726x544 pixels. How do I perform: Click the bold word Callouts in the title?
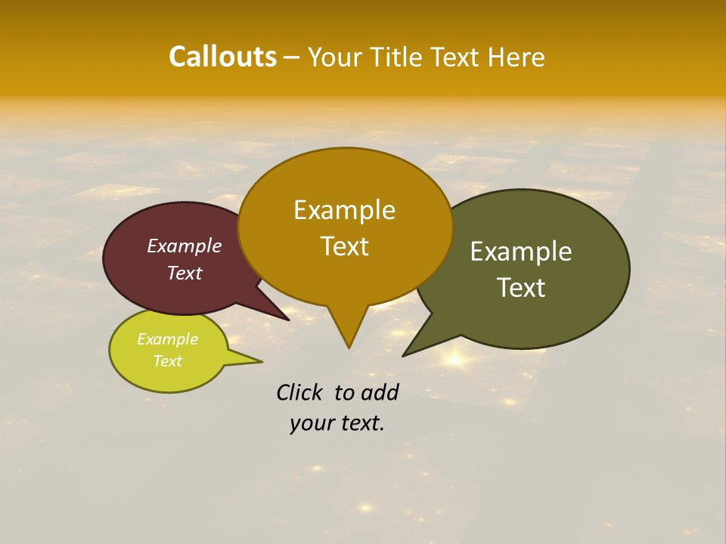coord(222,57)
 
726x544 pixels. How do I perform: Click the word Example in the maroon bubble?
coord(185,246)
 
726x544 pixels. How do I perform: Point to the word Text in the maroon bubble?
coord(185,273)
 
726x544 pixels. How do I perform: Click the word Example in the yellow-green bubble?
coord(167,339)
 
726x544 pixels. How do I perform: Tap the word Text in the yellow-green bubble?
coord(167,361)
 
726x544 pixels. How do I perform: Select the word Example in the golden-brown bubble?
coord(344,210)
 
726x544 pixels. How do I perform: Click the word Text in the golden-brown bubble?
coord(344,246)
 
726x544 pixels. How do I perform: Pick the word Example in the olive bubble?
coord(521,252)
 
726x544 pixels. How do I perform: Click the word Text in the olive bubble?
coord(521,288)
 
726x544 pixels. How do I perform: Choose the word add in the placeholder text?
coord(379,392)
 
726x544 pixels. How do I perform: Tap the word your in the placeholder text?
coord(310,423)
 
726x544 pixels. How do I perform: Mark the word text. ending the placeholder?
coord(361,423)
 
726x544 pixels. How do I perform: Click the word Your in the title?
coord(336,57)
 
